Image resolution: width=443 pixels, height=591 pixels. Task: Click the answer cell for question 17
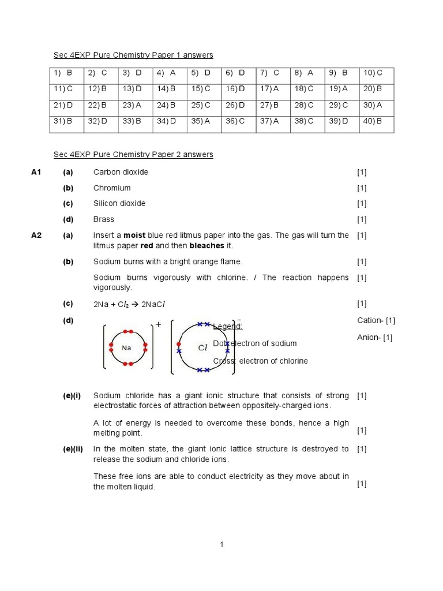pyautogui.click(x=269, y=89)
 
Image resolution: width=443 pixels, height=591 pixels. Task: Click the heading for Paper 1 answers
pyautogui.click(x=133, y=55)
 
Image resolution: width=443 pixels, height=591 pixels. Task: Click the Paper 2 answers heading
pyautogui.click(x=133, y=155)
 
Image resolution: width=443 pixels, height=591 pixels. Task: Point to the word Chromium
pyautogui.click(x=112, y=188)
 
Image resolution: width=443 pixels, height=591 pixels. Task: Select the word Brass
pyautogui.click(x=104, y=219)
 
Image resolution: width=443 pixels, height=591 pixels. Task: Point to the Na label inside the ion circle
pyautogui.click(x=126, y=347)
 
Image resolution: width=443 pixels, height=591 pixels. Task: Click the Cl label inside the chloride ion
pyautogui.click(x=202, y=347)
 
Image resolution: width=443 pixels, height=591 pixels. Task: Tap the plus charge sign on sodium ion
pyautogui.click(x=158, y=325)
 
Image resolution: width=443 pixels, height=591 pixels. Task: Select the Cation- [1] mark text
pyautogui.click(x=376, y=320)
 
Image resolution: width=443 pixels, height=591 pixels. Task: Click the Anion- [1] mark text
pyautogui.click(x=375, y=338)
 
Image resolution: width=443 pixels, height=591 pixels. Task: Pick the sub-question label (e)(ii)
pyautogui.click(x=73, y=449)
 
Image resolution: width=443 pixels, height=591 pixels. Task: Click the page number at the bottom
pyautogui.click(x=221, y=544)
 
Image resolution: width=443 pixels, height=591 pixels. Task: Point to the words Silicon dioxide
pyautogui.click(x=119, y=204)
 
